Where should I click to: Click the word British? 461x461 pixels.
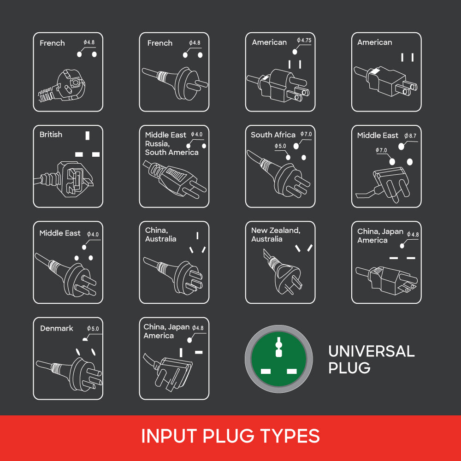coord(51,135)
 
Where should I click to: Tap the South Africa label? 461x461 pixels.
coord(273,135)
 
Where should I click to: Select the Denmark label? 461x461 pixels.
coord(57,329)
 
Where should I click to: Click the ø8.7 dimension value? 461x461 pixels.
coord(410,136)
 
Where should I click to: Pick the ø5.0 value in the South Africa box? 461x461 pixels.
coord(280,146)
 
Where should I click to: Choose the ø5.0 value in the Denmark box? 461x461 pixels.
coord(93,329)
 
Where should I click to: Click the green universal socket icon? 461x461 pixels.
coord(278,359)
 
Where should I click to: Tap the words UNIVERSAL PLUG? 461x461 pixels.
coord(371,359)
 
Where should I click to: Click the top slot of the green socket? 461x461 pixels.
coord(278,343)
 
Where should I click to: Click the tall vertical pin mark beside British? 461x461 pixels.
coord(87,136)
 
